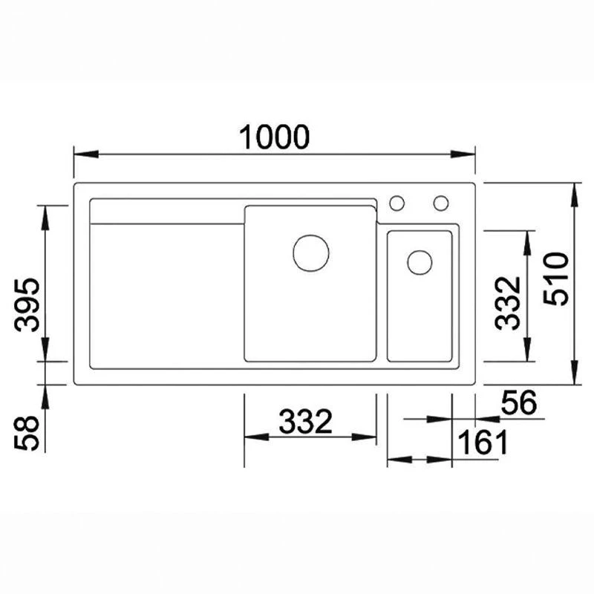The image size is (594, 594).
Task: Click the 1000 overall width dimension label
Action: (273, 137)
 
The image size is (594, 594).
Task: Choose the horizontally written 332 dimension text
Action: (305, 422)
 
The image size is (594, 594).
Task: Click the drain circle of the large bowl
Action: (311, 252)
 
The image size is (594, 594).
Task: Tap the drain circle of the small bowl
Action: (420, 262)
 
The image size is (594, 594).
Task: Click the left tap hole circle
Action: (397, 202)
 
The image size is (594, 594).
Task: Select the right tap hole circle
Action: (442, 202)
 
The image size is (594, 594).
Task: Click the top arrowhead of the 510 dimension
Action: (575, 191)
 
